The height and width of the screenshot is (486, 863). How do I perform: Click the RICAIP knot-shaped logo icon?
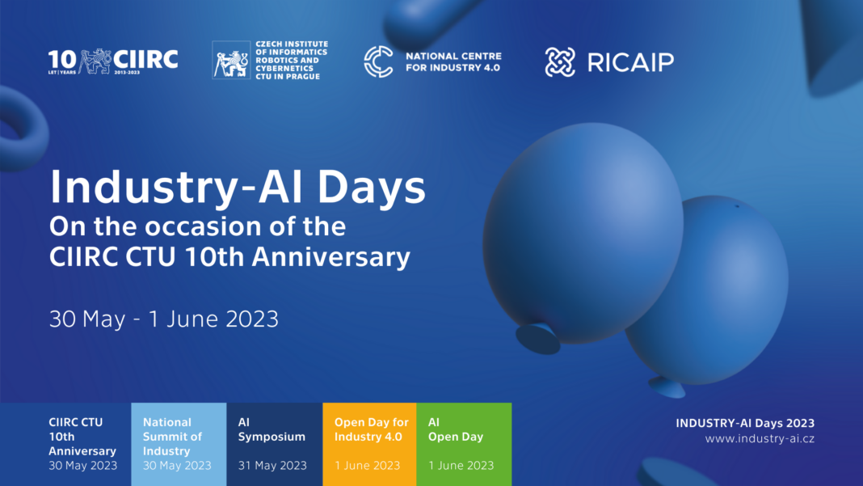(x=560, y=61)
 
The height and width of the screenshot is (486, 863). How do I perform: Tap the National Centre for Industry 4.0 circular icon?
(x=378, y=61)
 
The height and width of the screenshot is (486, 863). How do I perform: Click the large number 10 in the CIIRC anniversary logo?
(x=62, y=61)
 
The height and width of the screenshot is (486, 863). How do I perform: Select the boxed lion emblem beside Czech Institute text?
(x=231, y=60)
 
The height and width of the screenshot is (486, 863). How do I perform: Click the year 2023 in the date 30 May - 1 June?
(x=252, y=319)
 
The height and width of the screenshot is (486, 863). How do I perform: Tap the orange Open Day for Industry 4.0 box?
(x=369, y=444)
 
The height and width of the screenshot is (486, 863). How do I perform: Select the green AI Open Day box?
(x=464, y=444)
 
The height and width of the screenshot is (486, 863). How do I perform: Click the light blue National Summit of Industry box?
(x=179, y=444)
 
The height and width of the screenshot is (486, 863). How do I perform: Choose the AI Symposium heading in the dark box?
(x=272, y=429)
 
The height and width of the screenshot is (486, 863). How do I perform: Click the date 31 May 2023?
(x=272, y=466)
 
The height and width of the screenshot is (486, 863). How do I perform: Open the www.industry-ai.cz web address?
(x=760, y=438)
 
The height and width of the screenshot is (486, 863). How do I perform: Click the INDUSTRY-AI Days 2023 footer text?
(x=745, y=423)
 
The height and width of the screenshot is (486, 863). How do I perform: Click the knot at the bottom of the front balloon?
(x=537, y=338)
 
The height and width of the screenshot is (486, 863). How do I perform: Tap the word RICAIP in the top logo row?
(x=631, y=62)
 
